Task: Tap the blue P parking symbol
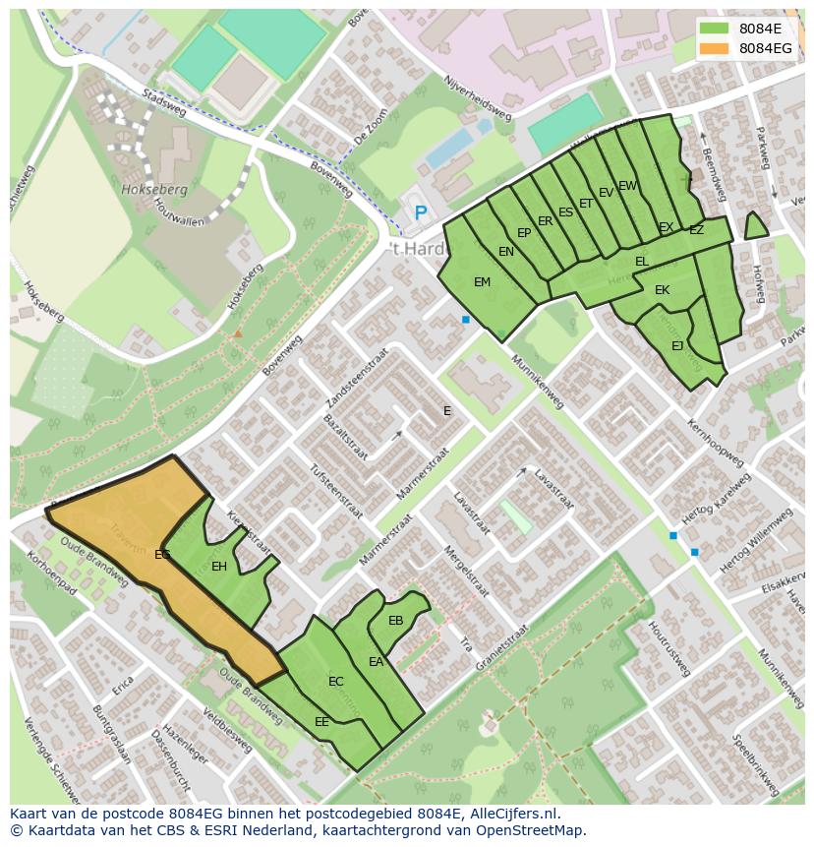[x=421, y=212]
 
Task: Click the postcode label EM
[x=482, y=282]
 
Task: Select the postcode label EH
[x=219, y=567]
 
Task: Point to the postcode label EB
[x=395, y=621]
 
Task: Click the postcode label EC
[x=336, y=682]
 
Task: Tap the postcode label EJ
[x=677, y=346]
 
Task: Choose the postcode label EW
[x=627, y=186]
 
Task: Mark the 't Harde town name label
[x=412, y=247]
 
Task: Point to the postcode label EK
[x=662, y=290]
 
